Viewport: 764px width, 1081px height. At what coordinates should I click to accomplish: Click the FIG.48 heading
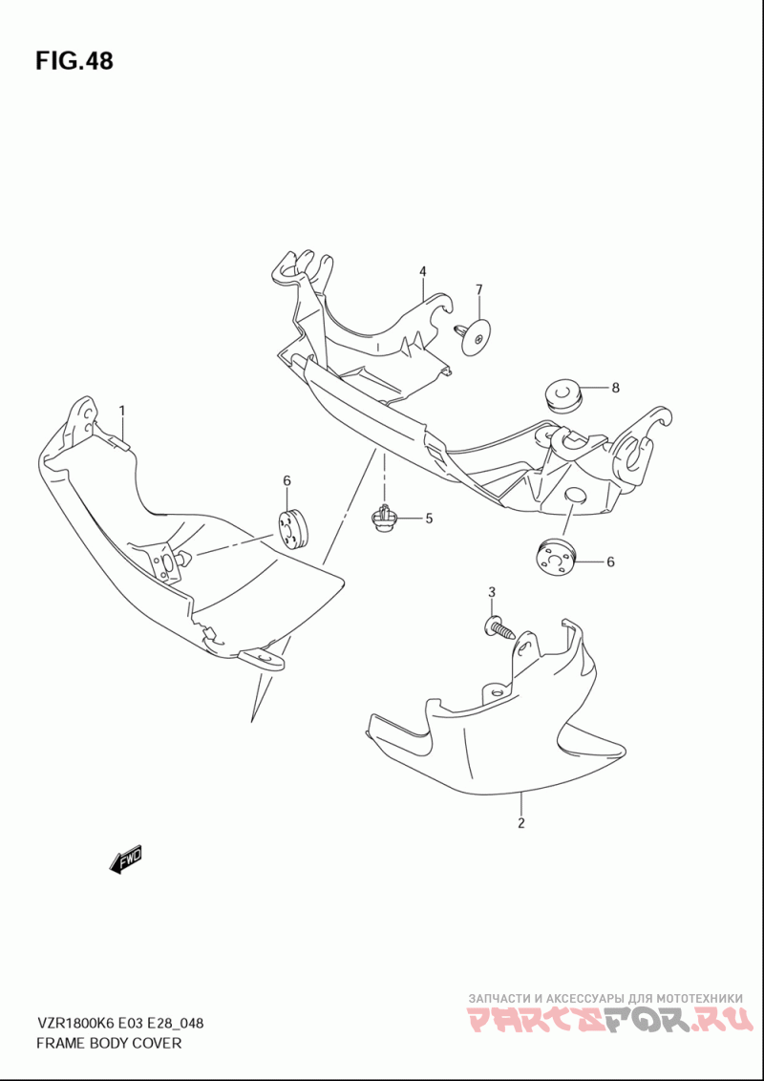point(74,61)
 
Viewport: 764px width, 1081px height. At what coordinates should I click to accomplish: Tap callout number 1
point(121,412)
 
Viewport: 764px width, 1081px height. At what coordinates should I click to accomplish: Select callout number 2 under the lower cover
point(521,822)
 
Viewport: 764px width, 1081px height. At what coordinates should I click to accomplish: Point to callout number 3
point(492,592)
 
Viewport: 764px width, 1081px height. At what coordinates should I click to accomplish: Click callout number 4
point(423,272)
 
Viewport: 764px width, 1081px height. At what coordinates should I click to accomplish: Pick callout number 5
point(429,519)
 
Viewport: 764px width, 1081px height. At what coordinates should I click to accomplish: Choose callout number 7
point(478,288)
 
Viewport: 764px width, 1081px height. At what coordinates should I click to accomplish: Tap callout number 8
point(615,388)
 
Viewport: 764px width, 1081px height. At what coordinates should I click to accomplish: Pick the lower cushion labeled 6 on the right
point(557,557)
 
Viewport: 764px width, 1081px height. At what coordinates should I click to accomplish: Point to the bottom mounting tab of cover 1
point(262,660)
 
